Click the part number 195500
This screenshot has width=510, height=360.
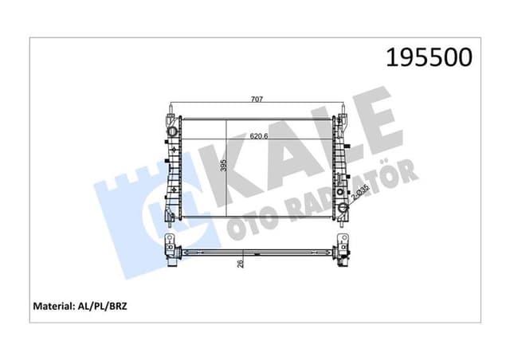tap(430, 57)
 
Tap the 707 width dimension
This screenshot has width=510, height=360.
tap(257, 100)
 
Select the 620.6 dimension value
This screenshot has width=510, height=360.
tap(257, 136)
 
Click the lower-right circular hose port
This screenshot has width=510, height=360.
tap(344, 209)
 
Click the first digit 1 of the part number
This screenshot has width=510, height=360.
tap(392, 57)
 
